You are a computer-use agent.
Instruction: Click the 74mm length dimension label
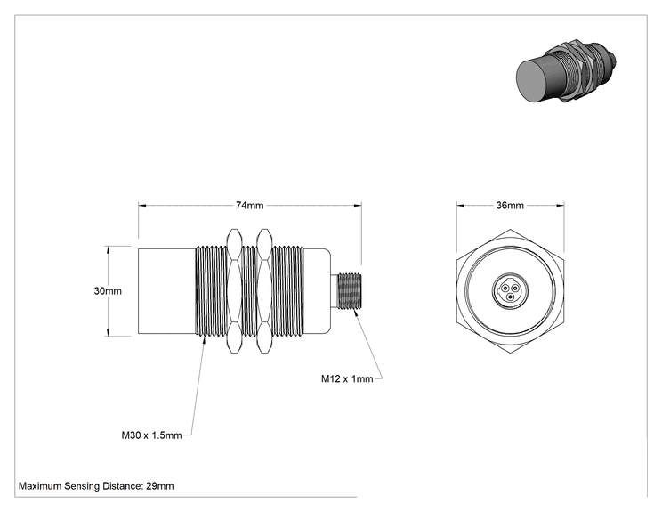pyautogui.click(x=249, y=206)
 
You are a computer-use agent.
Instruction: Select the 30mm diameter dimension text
pyautogui.click(x=108, y=291)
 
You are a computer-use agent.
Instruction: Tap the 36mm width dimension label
pyautogui.click(x=510, y=206)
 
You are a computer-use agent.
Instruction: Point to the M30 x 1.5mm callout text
pyautogui.click(x=151, y=435)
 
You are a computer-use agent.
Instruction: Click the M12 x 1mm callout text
pyautogui.click(x=347, y=379)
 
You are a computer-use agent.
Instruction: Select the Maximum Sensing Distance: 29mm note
pyautogui.click(x=96, y=486)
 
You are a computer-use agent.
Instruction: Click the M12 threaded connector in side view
pyautogui.click(x=346, y=291)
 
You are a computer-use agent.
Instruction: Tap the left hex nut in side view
pyautogui.click(x=234, y=291)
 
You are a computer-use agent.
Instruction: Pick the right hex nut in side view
pyautogui.click(x=264, y=291)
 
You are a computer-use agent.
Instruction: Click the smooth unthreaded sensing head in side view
pyautogui.click(x=166, y=291)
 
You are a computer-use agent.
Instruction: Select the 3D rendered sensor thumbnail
pyautogui.click(x=566, y=72)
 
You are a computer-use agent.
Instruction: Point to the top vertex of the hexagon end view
pyautogui.click(x=510, y=230)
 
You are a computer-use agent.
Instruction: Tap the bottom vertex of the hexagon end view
pyautogui.click(x=510, y=353)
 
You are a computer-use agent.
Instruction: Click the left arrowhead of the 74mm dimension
pyautogui.click(x=141, y=206)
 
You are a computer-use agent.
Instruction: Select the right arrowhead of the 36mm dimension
pyautogui.click(x=561, y=206)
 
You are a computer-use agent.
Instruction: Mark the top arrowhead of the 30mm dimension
pyautogui.click(x=109, y=249)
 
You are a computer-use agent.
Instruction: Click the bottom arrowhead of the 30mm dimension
pyautogui.click(x=109, y=332)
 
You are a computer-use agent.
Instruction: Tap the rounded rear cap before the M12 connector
pyautogui.click(x=317, y=291)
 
